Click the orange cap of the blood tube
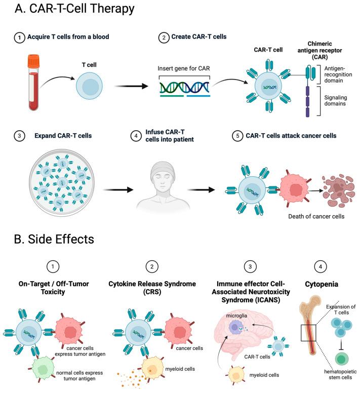[x=33, y=61]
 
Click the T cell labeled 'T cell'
[x=89, y=86]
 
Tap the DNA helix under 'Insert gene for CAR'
[x=185, y=88]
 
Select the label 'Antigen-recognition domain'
[x=338, y=74]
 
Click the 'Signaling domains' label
[x=335, y=100]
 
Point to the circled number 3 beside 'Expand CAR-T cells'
[x=19, y=136]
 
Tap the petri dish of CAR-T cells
[x=62, y=183]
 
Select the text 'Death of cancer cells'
[x=316, y=216]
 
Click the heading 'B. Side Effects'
[x=54, y=239]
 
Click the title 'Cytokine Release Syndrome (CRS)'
[x=152, y=288]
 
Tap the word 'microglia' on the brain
[x=236, y=315]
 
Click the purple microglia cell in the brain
[x=235, y=327]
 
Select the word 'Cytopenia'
[x=321, y=284]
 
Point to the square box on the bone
[x=308, y=333]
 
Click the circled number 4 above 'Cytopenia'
[x=321, y=266]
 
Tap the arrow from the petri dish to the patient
[x=118, y=190]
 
